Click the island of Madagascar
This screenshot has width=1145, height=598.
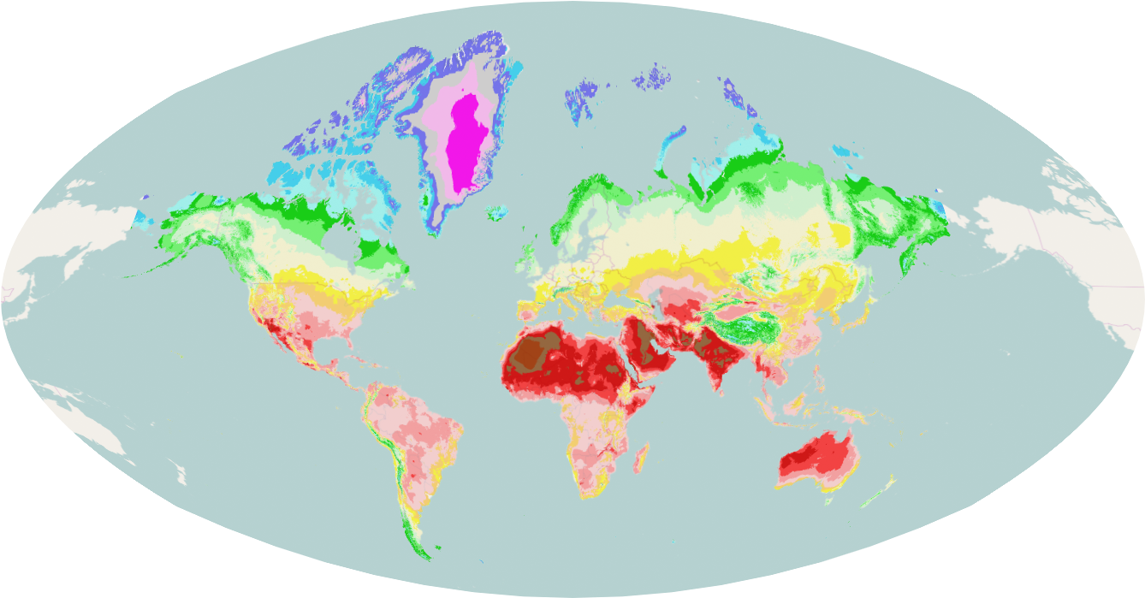tap(640, 459)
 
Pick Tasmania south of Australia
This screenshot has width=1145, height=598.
tap(827, 501)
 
